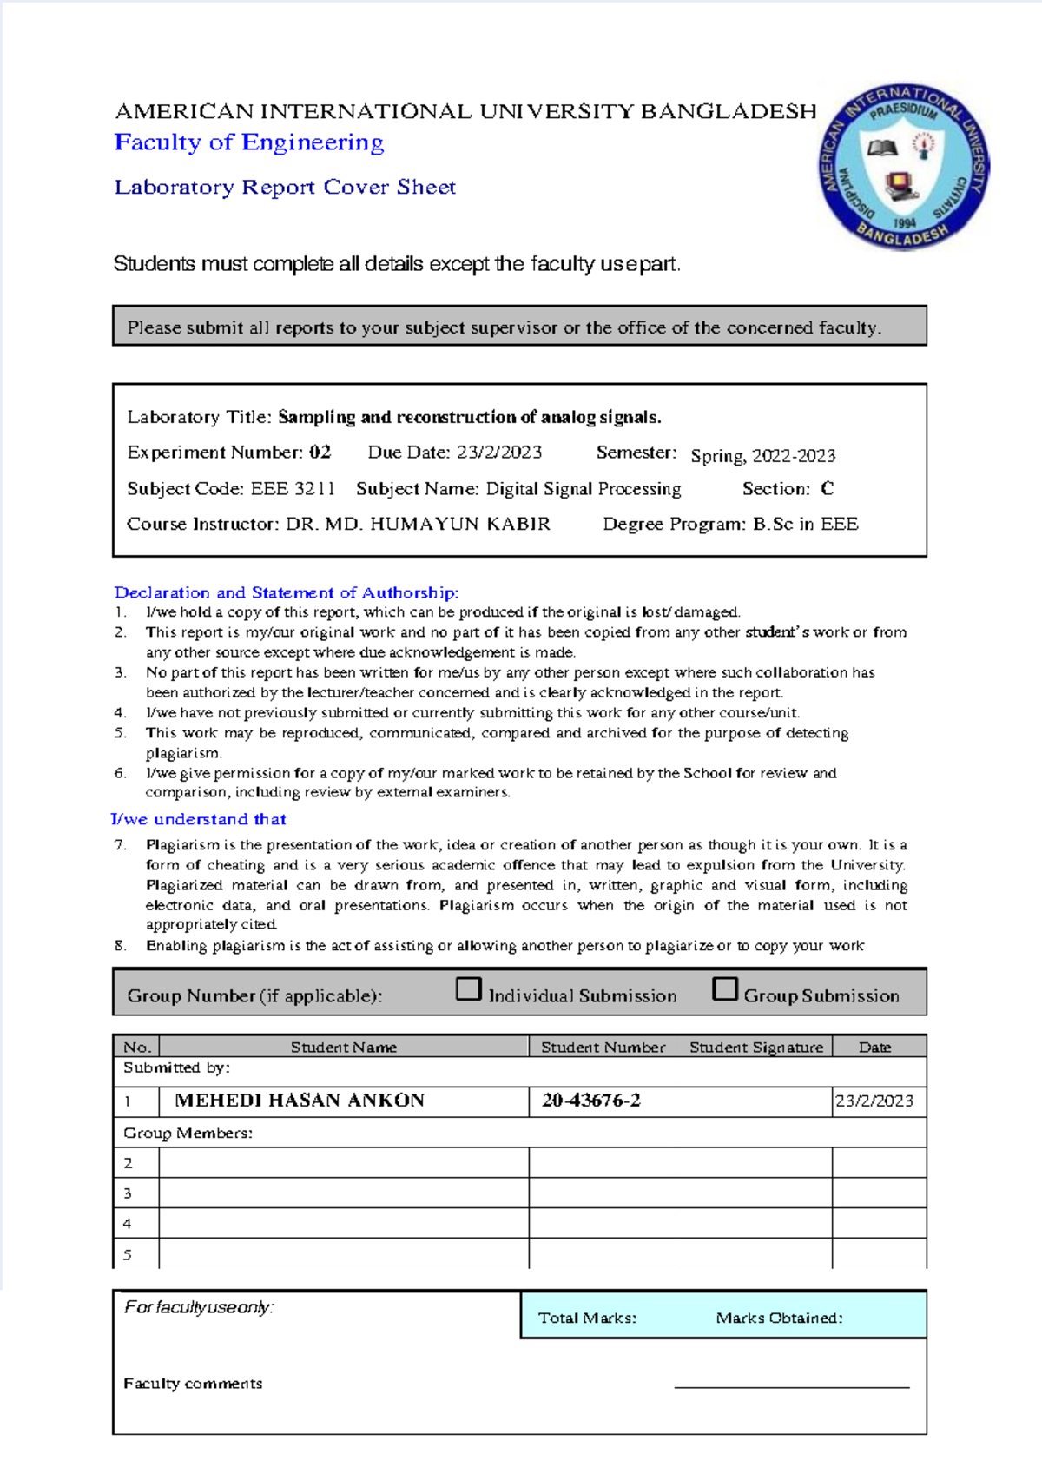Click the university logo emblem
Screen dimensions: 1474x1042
point(904,167)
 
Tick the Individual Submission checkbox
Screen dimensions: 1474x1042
point(468,988)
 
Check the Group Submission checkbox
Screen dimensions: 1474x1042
point(724,988)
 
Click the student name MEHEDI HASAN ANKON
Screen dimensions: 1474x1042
point(300,1101)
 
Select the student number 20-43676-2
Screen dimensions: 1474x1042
point(590,1101)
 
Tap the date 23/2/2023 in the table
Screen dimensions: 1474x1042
point(874,1101)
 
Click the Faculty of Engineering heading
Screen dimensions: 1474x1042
point(248,142)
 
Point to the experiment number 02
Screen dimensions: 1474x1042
point(320,453)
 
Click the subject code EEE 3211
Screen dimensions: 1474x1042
point(292,489)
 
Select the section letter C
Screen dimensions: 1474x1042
point(827,489)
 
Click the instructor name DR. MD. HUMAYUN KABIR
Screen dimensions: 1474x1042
point(418,525)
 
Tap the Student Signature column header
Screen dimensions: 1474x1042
point(755,1048)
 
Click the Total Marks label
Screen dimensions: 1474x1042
point(587,1318)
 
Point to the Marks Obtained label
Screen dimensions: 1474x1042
point(779,1318)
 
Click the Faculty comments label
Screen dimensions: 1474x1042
point(193,1384)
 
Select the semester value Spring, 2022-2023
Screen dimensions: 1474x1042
point(762,456)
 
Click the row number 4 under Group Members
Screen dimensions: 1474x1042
point(128,1224)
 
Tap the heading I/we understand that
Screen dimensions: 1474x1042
point(198,819)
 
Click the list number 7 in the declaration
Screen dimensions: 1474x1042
point(121,845)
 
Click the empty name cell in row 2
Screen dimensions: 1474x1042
point(343,1163)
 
